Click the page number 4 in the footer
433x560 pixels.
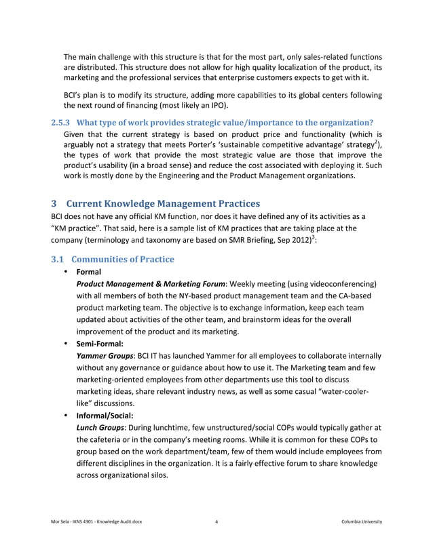[216, 521]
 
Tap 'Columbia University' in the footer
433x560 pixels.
[362, 521]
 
